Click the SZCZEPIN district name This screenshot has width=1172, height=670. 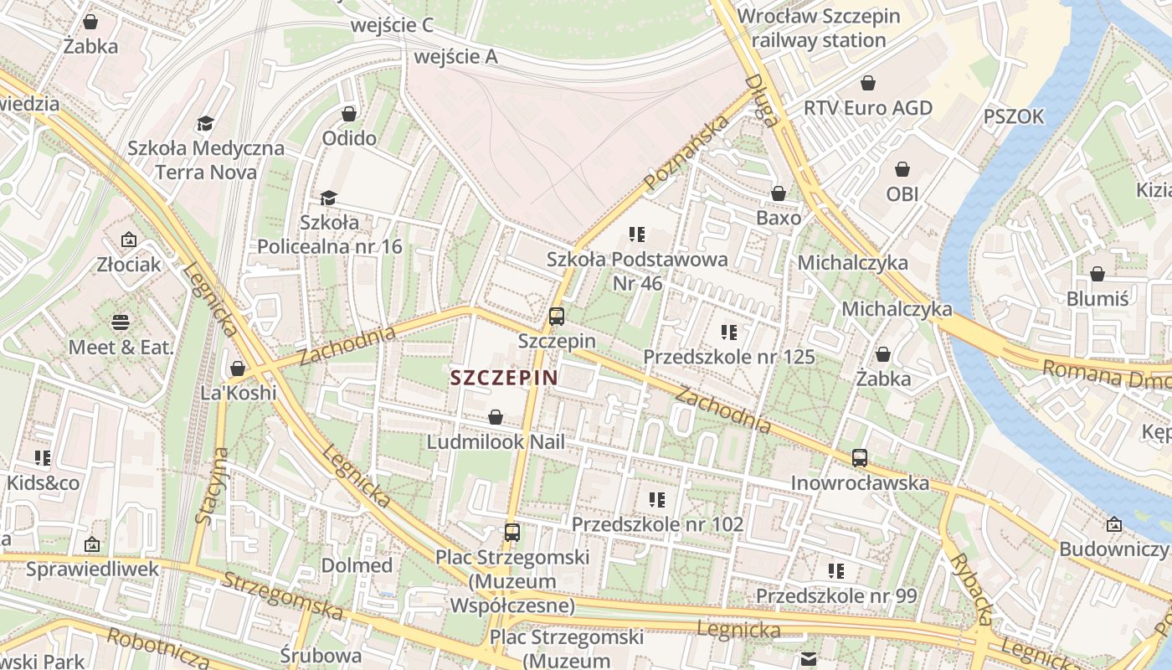click(x=503, y=377)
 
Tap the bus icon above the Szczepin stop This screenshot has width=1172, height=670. click(x=557, y=317)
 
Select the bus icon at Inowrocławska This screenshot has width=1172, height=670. click(x=860, y=458)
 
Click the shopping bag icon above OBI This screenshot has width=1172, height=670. click(x=902, y=169)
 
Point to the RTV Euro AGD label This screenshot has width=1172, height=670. click(x=868, y=108)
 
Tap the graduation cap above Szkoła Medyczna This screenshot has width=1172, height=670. click(x=206, y=124)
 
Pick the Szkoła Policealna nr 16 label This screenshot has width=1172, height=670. click(x=329, y=234)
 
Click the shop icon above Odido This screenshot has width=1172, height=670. click(x=349, y=113)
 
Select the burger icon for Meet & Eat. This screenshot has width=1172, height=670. click(x=121, y=322)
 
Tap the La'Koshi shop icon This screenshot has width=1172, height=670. click(x=238, y=368)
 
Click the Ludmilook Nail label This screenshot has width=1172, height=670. click(x=496, y=441)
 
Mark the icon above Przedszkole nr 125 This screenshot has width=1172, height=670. click(x=729, y=332)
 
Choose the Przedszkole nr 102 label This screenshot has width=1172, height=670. click(x=657, y=524)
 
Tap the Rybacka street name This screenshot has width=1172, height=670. click(x=971, y=588)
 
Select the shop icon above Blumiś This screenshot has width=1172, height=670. click(x=1097, y=274)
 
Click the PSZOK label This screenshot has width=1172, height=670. click(x=1014, y=116)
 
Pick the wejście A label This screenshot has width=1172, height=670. click(x=455, y=57)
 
